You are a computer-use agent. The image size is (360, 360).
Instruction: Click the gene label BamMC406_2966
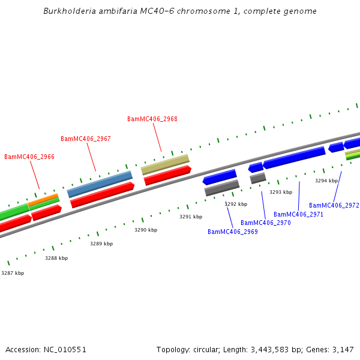coord(29,157)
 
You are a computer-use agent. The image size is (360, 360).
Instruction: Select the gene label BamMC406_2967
coord(86,139)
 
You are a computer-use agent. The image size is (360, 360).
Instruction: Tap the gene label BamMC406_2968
coord(152,119)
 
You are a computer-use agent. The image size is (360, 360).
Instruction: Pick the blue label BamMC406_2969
coord(233,232)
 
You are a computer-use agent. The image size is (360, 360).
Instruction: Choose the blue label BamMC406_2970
coord(266,223)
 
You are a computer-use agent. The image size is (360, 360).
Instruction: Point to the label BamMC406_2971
coord(299,214)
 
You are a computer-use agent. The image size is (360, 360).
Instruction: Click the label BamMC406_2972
coord(334,205)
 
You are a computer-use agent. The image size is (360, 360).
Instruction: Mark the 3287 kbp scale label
coord(13,273)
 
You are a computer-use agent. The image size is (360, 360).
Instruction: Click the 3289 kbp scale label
coord(101,244)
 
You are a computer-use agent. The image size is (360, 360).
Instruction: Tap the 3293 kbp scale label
coord(281,192)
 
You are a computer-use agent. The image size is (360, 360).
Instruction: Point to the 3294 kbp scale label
coord(326,180)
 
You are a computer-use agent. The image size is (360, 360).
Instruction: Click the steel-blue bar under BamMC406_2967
coord(100,184)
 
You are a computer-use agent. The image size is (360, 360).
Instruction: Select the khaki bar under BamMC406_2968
coord(165,163)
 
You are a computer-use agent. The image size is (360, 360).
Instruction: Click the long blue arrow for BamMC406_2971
coord(294,158)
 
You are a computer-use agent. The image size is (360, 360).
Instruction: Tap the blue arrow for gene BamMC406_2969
coord(220,177)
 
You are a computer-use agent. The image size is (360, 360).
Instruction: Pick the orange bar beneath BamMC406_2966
coord(43,199)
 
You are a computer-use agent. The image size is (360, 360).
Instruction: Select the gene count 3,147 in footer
coord(341,349)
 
